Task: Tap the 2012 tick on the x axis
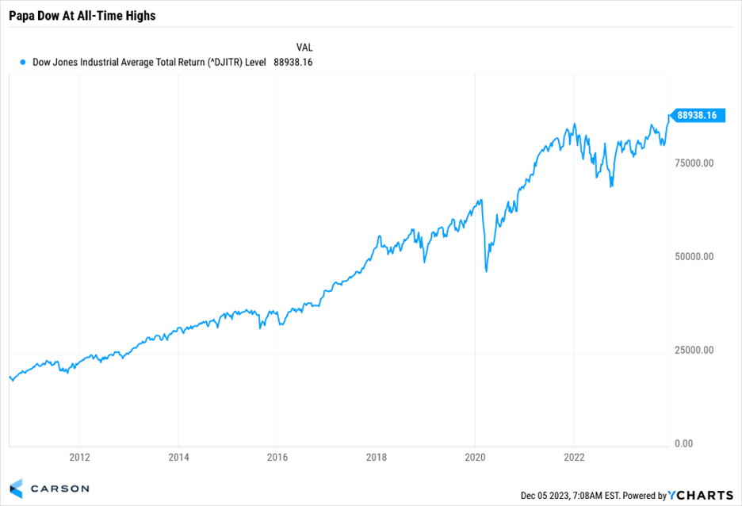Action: point(79,457)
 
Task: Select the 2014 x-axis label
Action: point(178,457)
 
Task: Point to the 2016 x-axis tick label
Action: point(277,457)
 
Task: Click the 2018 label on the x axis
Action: point(377,457)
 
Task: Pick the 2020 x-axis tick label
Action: point(475,457)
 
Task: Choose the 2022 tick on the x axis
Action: point(574,457)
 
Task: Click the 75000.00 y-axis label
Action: point(694,163)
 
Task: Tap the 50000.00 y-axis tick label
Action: point(694,257)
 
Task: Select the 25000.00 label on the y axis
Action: point(694,351)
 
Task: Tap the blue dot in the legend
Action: point(23,62)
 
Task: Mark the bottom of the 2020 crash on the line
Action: point(486,271)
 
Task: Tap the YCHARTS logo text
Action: point(702,496)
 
